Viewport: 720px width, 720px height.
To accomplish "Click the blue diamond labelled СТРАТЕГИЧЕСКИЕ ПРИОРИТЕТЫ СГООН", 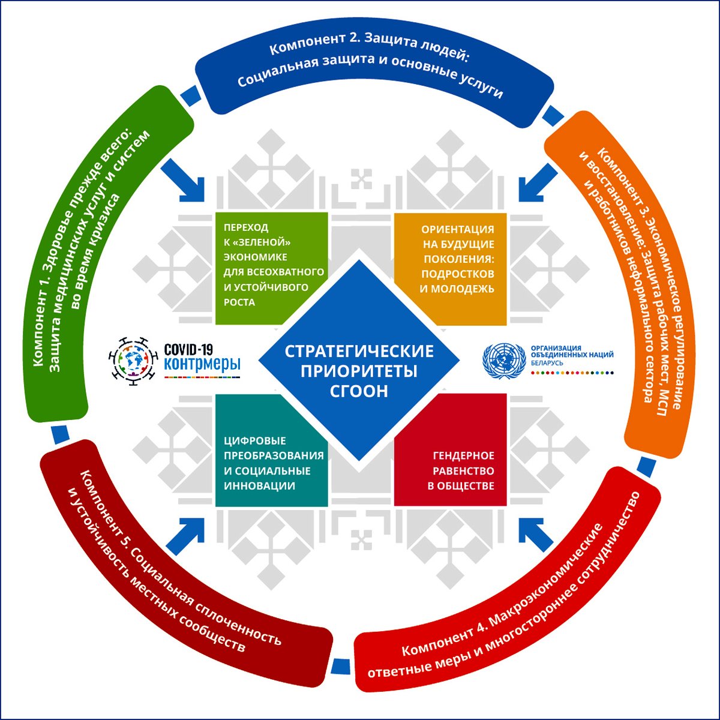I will coord(359,360).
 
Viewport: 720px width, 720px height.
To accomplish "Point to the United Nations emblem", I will coord(503,359).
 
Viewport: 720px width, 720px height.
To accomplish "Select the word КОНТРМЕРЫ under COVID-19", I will coord(202,364).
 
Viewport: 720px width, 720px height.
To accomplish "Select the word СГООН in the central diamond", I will coord(359,391).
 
